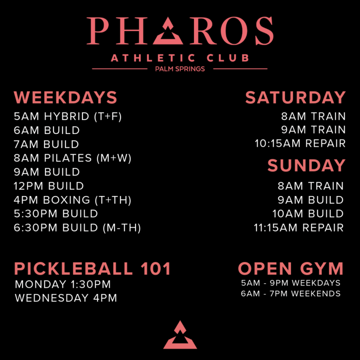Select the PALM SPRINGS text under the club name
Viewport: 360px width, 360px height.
click(180, 69)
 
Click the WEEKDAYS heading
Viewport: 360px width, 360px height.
click(66, 97)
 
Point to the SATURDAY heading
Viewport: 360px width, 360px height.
click(295, 97)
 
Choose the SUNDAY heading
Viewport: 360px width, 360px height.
click(307, 165)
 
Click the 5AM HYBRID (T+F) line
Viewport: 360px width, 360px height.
click(67, 116)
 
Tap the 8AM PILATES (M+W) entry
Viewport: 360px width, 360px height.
click(72, 158)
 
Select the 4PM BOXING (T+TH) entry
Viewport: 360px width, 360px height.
click(72, 200)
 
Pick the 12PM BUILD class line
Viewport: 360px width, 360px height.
click(49, 186)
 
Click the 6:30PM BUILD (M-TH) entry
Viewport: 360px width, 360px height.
click(77, 228)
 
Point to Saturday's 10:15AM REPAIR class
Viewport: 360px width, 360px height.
click(300, 143)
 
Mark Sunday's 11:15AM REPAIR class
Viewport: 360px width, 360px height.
click(299, 228)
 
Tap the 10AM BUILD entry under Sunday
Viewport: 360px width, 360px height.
click(308, 214)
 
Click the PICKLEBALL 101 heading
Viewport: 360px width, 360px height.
click(92, 269)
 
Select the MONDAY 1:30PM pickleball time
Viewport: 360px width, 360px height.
click(63, 284)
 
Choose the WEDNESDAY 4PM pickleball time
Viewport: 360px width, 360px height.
click(66, 298)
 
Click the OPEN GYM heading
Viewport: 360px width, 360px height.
click(291, 269)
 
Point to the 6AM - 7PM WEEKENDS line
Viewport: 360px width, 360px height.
click(291, 293)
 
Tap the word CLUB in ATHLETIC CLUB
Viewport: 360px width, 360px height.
click(228, 58)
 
